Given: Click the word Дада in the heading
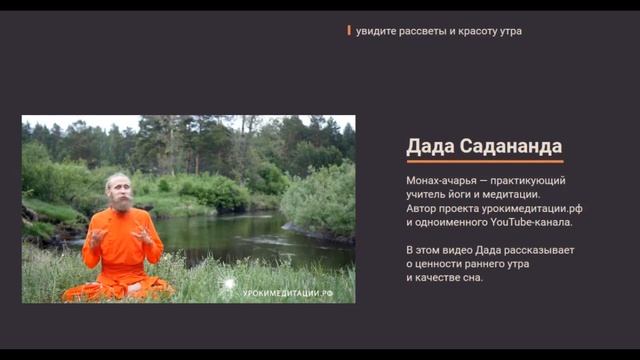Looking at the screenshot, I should (430, 146).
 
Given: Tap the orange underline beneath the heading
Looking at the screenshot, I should (484, 161).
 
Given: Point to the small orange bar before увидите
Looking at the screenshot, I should (349, 30).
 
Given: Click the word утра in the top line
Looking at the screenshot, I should (509, 31).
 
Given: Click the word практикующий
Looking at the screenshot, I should (530, 180).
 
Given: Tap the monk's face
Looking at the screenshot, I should (121, 187).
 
